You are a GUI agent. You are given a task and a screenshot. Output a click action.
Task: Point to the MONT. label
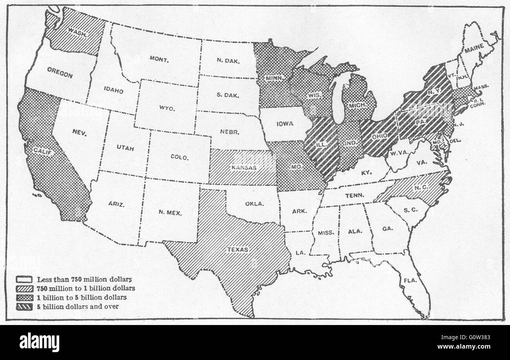coord(159,59)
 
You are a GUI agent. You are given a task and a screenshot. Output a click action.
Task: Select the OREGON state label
coord(60,73)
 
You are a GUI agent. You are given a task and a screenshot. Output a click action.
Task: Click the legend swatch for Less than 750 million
coord(24,280)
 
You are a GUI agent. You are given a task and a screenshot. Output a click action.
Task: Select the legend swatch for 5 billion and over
coord(24,306)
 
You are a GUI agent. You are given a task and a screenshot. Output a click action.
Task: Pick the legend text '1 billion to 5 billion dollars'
coord(82,298)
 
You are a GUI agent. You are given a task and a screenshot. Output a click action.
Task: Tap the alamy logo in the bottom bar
coord(39,342)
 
